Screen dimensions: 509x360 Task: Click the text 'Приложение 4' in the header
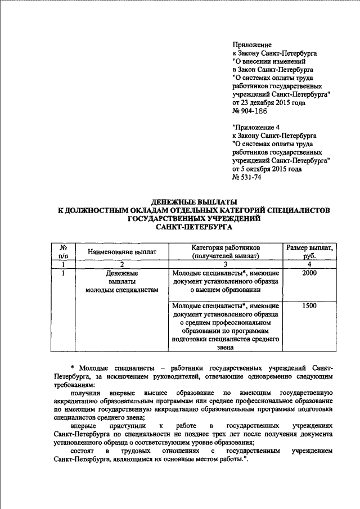(x=255, y=128)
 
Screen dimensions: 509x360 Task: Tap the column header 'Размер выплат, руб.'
(x=309, y=252)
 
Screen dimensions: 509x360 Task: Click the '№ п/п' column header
(x=64, y=252)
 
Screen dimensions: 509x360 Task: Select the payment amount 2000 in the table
(x=309, y=273)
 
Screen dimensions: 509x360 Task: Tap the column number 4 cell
(x=309, y=264)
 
